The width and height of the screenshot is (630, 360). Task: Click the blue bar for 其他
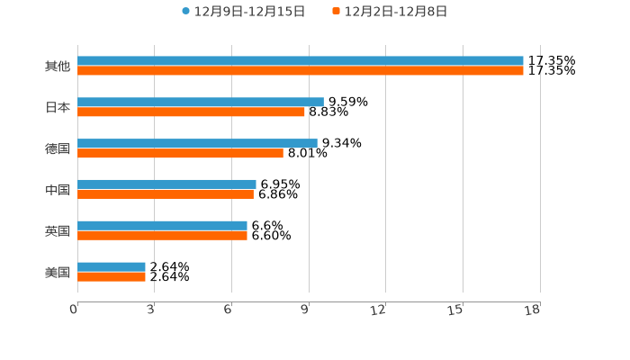click(x=301, y=61)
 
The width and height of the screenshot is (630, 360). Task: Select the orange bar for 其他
click(x=301, y=71)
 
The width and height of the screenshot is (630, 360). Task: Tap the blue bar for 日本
click(x=201, y=103)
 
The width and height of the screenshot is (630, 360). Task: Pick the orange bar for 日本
click(x=192, y=112)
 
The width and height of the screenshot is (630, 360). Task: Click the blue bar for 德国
click(x=197, y=143)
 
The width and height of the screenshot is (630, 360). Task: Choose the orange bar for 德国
click(x=180, y=154)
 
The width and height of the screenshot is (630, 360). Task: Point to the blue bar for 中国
click(x=166, y=184)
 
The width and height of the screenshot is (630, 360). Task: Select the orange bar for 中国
click(x=166, y=194)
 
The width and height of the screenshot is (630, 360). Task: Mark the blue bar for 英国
click(x=162, y=226)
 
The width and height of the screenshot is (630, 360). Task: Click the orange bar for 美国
click(x=112, y=277)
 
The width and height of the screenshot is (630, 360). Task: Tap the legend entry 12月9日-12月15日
click(x=243, y=12)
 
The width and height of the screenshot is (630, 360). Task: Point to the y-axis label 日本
click(x=58, y=107)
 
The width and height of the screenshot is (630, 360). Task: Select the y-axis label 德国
click(x=58, y=148)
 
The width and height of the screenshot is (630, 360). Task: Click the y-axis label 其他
click(x=58, y=66)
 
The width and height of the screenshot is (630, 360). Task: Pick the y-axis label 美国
click(x=58, y=272)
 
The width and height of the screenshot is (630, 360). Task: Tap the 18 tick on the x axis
click(x=533, y=310)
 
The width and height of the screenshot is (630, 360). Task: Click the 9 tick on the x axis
click(x=306, y=310)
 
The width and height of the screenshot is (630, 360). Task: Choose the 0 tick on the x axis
click(x=75, y=310)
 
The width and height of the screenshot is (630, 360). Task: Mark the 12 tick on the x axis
click(x=379, y=310)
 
